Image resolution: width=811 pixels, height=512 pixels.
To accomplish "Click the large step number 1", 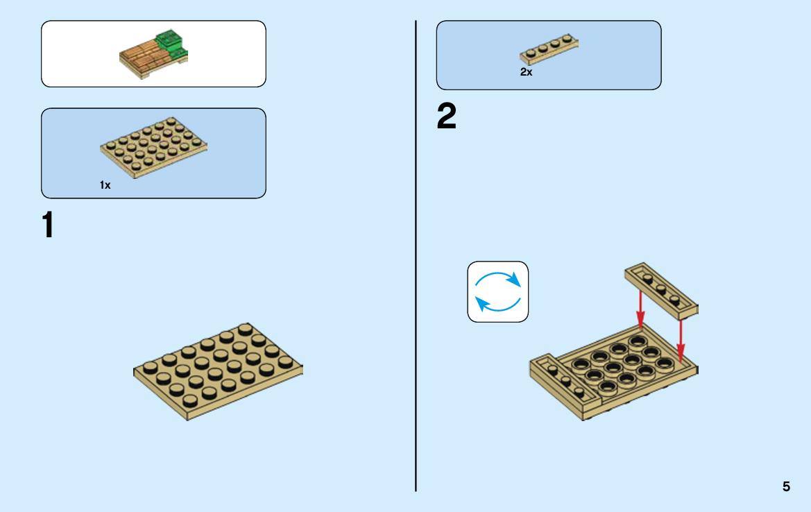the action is tap(48, 225).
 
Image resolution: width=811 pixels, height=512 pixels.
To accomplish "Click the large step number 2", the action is tap(447, 116).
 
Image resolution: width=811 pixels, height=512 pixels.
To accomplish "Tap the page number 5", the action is tap(786, 486).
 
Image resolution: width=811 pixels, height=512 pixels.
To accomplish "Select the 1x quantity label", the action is tap(105, 185).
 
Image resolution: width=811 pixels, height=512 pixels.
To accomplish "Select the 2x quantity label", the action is tap(526, 72).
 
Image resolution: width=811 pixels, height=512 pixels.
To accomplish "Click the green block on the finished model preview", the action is tap(172, 42).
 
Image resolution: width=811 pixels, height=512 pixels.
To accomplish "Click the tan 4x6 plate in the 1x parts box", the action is tap(153, 147).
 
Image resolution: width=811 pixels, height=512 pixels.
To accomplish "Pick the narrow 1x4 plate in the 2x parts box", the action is tap(549, 49).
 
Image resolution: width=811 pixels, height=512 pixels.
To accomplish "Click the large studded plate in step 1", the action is tap(219, 370).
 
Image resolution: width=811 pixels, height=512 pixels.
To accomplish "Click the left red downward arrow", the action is tap(640, 309).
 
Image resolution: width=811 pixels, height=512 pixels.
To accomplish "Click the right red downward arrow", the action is tap(681, 341).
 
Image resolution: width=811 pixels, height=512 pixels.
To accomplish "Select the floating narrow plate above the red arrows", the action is tap(662, 291).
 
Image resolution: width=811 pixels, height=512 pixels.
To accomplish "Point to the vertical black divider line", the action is tap(416, 256).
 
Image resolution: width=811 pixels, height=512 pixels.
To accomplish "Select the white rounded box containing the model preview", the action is tap(153, 54).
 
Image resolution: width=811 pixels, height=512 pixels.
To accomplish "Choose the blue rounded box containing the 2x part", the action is tap(549, 56).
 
